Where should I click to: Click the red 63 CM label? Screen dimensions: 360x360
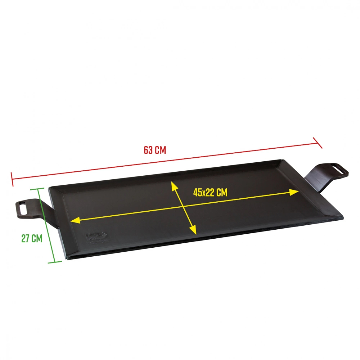coord(155,150)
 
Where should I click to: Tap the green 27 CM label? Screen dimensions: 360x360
coord(32,238)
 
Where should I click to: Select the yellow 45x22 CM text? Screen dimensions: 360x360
coord(210,192)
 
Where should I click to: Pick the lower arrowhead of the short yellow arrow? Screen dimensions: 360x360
coord(193,230)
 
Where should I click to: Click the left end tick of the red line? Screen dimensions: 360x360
coord(12,179)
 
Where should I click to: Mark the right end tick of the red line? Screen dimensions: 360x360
coord(318,143)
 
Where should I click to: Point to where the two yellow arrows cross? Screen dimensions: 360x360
coord(183,207)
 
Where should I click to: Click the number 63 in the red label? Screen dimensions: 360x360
coord(148,150)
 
